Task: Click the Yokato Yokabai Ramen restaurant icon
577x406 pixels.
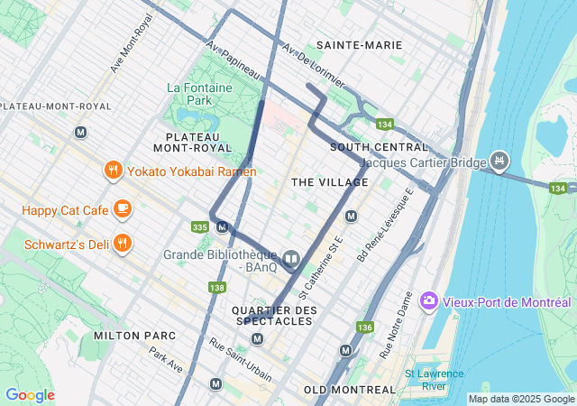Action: coord(113,171)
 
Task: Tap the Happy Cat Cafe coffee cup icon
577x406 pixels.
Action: coord(122,210)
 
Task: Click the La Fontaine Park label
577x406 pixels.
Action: coord(199,95)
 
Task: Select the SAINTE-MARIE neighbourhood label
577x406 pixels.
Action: coord(359,45)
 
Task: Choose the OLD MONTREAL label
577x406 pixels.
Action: coord(350,389)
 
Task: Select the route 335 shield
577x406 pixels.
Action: coord(201,226)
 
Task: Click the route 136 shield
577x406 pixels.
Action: coord(364,327)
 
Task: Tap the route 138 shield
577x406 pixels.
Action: coord(216,287)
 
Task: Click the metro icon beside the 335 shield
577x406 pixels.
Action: coord(222,226)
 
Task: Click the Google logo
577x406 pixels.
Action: coord(30,395)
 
